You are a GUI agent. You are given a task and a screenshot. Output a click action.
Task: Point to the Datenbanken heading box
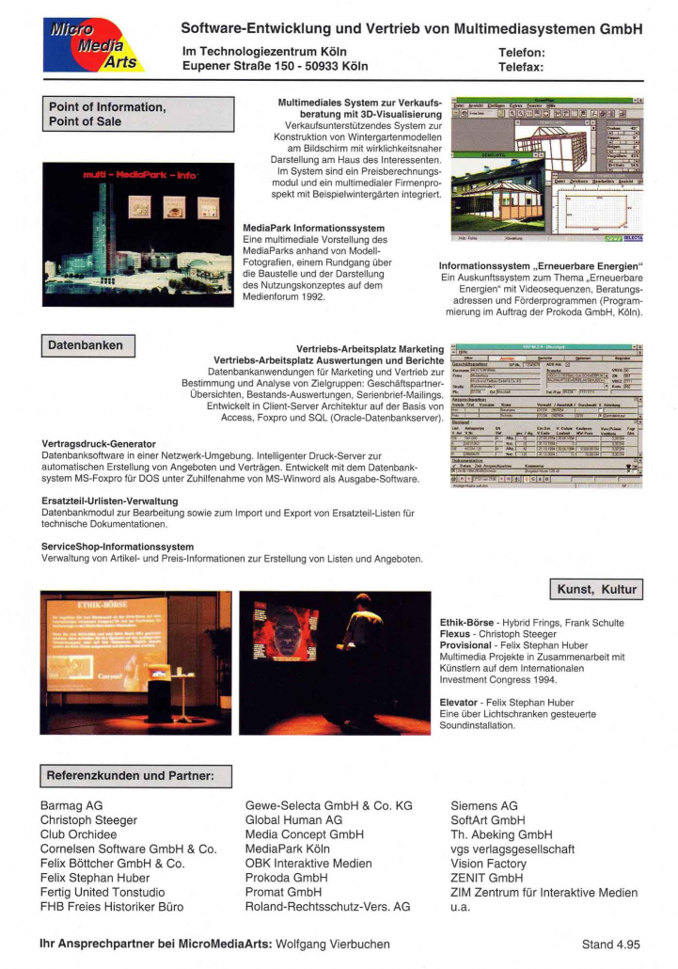[88, 345]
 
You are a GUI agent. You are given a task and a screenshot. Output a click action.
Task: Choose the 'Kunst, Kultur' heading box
[597, 590]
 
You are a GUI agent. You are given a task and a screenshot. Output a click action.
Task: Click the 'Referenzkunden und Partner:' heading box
[136, 776]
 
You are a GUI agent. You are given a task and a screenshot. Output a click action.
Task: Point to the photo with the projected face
[335, 662]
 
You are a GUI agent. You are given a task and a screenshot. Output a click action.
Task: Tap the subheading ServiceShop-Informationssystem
[118, 546]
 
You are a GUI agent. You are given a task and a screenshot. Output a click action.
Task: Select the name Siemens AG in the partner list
[484, 806]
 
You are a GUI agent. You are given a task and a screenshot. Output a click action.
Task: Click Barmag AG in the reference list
[71, 806]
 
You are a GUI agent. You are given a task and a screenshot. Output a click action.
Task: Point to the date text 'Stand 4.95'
[610, 943]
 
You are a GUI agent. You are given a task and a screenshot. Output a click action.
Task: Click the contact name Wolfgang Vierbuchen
[333, 943]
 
